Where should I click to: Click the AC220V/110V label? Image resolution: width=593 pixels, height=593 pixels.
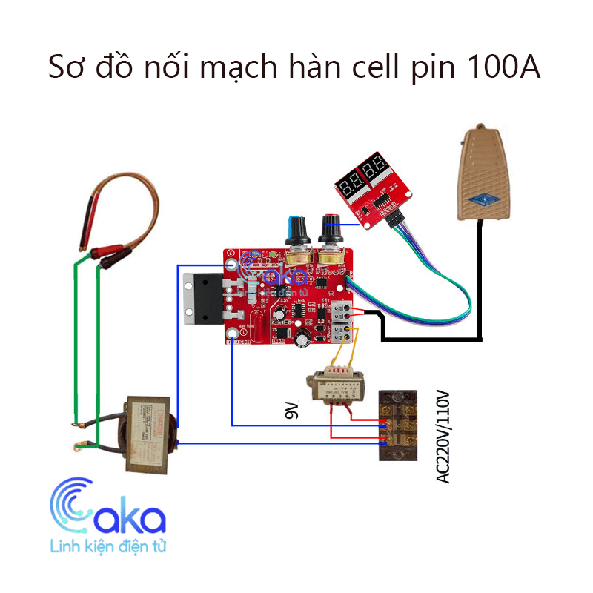(443, 437)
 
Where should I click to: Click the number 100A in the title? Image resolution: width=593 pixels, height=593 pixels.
(503, 67)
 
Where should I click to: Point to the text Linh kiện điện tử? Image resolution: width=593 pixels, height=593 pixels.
(107, 548)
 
